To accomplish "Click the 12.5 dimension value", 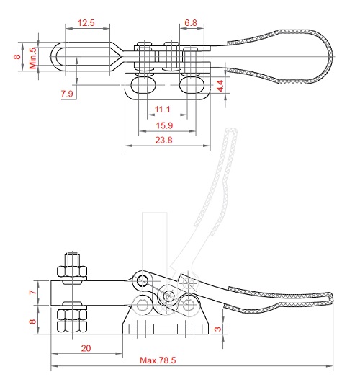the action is (x=86, y=23).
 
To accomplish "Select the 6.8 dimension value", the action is (x=191, y=23).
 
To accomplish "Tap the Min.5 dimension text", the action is (x=33, y=58).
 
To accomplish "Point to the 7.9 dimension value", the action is (x=67, y=94).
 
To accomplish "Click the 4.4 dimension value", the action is (x=220, y=86).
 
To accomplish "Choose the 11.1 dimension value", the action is (x=162, y=110).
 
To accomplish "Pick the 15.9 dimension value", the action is (x=164, y=125).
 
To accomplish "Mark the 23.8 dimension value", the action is (x=163, y=140).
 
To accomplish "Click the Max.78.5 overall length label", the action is (x=158, y=360).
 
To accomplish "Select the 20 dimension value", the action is (x=86, y=348).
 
